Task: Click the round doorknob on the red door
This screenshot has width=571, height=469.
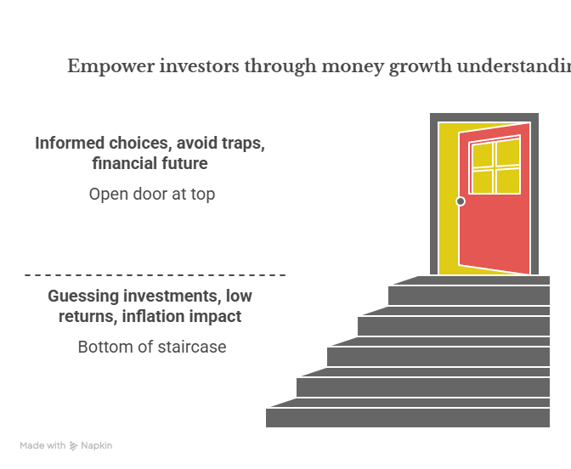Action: click(x=461, y=201)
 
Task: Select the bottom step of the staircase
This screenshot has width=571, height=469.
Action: click(x=408, y=418)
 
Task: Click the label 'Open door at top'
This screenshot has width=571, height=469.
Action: click(x=152, y=194)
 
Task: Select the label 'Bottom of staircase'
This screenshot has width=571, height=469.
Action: click(x=152, y=347)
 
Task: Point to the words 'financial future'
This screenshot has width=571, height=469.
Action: click(x=150, y=162)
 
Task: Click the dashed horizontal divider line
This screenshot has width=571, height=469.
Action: click(x=155, y=275)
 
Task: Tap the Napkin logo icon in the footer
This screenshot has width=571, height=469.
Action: click(x=74, y=445)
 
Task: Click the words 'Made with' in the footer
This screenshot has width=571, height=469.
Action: click(x=42, y=445)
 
